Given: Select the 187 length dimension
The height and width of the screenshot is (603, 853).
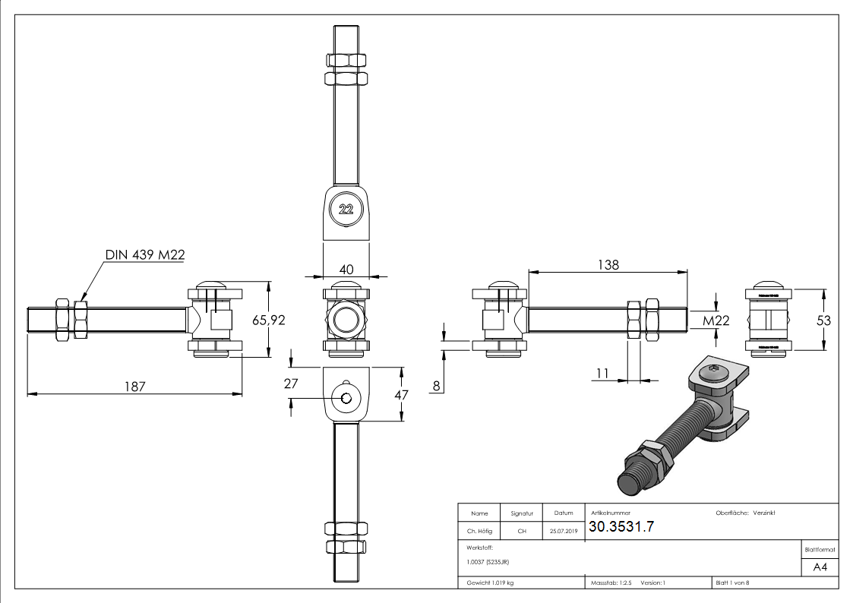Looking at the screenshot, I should [135, 385].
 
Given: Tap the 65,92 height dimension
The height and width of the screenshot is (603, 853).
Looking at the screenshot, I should [268, 320].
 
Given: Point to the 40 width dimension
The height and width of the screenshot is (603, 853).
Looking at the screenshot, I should [346, 268].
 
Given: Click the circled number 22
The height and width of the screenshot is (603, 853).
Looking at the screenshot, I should [346, 210].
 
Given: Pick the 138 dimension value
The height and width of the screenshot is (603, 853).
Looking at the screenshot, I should [608, 264].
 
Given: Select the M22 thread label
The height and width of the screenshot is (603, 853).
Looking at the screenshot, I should [716, 320].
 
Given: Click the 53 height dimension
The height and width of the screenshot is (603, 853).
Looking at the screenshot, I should [823, 320].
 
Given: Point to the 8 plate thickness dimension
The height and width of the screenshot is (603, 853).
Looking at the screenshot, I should [436, 386].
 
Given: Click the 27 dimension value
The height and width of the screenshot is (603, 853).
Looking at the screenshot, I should [291, 384].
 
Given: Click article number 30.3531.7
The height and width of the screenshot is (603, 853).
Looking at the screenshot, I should [621, 527].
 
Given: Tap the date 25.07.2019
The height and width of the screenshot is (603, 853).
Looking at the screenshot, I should [563, 531].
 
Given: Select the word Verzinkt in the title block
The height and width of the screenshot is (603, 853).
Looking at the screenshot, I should [763, 513].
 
